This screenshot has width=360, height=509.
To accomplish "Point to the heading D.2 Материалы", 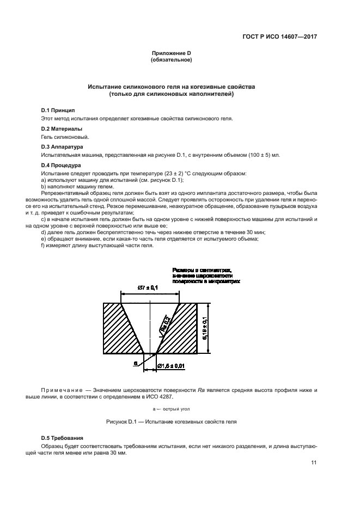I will (x=62, y=128).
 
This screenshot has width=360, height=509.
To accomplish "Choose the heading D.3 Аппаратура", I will (x=62, y=146).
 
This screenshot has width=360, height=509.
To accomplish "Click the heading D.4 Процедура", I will (x=61, y=164).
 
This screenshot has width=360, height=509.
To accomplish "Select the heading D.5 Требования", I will (x=63, y=438).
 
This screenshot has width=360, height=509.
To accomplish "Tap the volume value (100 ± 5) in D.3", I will (x=249, y=155).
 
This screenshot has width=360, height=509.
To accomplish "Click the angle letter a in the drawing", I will (x=136, y=361).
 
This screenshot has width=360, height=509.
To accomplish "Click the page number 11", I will (x=314, y=463).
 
